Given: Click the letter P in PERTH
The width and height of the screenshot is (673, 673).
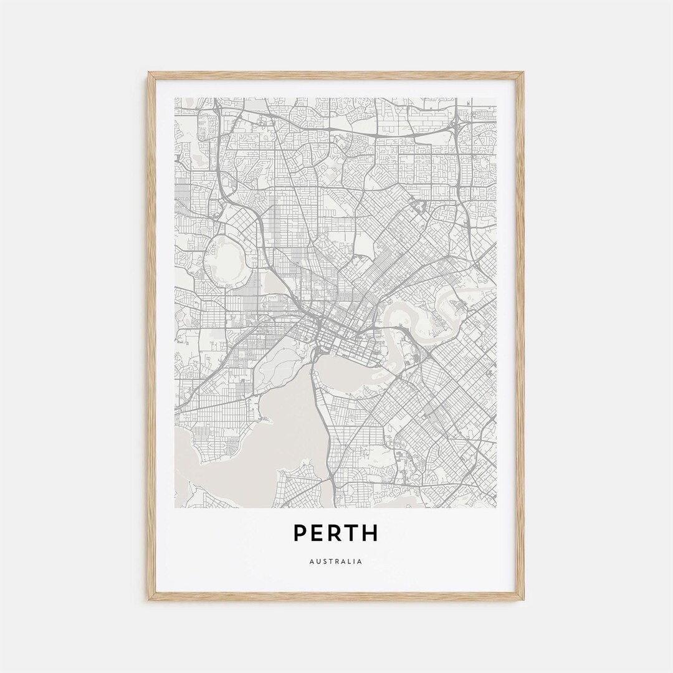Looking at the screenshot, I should (x=300, y=533).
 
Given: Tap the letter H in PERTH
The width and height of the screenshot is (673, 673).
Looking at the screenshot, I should (x=370, y=533).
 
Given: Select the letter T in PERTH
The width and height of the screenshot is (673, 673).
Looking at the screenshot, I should (x=352, y=533).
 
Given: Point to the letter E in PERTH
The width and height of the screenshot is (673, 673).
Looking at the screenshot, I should (x=317, y=533).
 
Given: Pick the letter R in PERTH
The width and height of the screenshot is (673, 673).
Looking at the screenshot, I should (x=335, y=533).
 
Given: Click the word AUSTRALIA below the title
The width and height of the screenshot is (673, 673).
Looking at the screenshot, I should (x=335, y=561).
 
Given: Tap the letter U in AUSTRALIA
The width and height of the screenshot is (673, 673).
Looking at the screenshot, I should (x=318, y=561).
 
